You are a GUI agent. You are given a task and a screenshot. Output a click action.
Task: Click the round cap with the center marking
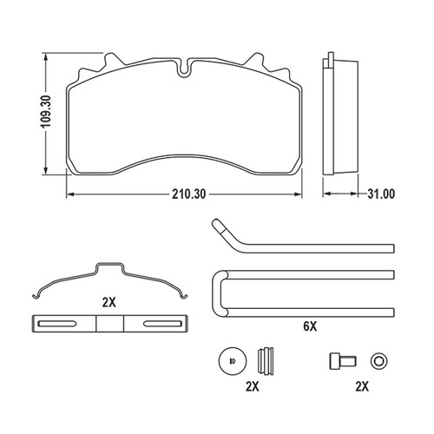(x=229, y=361)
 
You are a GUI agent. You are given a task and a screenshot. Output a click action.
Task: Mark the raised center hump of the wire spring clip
(x=110, y=266)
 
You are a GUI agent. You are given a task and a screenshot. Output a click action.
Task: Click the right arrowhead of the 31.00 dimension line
(x=355, y=194)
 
